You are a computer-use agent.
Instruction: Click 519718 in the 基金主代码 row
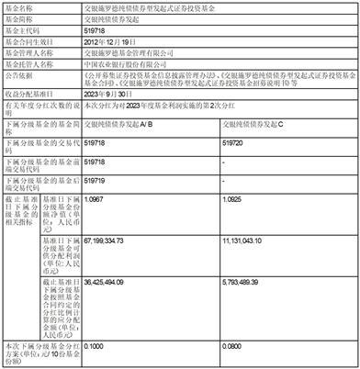[95, 30]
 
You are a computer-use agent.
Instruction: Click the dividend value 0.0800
[235, 347]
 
